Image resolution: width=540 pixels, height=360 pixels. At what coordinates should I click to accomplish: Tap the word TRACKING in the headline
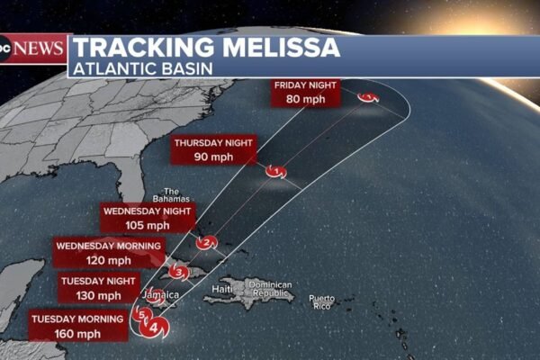[140, 48]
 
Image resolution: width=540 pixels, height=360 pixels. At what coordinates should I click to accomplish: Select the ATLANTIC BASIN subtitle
[135, 68]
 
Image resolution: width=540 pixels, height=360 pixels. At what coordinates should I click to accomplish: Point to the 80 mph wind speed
[304, 100]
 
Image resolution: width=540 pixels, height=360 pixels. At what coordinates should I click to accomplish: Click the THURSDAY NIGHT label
[215, 142]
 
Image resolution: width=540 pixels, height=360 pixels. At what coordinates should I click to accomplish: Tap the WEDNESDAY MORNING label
[109, 246]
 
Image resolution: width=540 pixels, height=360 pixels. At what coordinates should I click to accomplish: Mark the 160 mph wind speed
[77, 333]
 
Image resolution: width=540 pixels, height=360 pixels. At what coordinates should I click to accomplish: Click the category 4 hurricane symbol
[154, 328]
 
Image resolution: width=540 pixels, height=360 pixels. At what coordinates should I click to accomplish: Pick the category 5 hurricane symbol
[141, 315]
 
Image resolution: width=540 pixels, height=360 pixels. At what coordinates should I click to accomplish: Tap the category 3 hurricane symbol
[179, 272]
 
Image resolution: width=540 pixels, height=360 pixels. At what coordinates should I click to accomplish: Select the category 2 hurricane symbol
[207, 242]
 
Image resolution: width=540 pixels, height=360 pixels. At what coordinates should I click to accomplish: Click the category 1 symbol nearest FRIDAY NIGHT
[367, 97]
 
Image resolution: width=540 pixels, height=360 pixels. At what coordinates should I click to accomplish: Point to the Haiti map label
[221, 289]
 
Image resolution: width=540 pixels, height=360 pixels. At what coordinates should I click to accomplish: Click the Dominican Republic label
[272, 290]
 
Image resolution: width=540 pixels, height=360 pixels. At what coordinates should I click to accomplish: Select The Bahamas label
[173, 194]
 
